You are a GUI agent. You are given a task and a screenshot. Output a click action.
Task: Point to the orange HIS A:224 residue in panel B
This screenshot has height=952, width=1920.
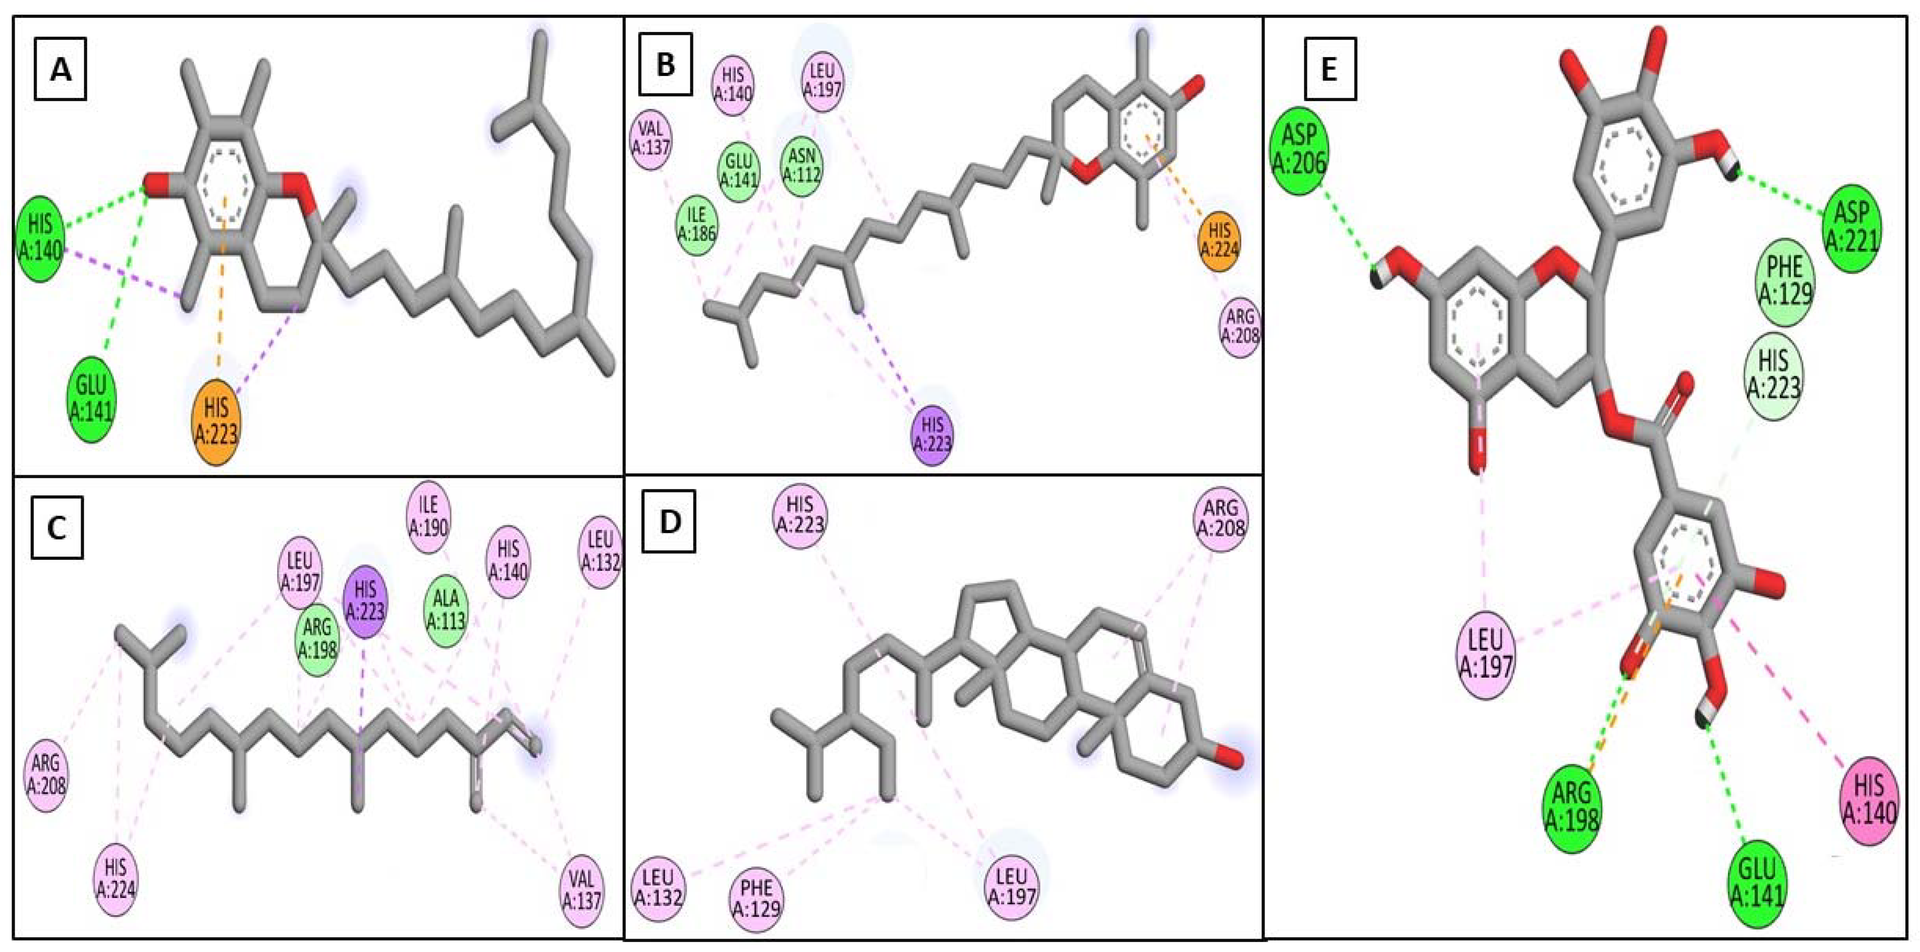point(1219,240)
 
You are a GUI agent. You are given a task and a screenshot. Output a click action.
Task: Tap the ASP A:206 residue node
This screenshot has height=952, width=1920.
point(1299,149)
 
